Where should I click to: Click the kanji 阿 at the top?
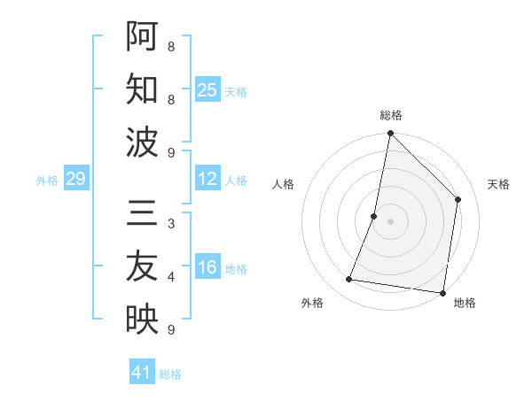(142, 36)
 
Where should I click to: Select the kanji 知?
(142, 89)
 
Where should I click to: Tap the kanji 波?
(142, 142)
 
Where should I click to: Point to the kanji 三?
(142, 212)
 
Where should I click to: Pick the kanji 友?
(142, 266)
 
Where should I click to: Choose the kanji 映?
(142, 319)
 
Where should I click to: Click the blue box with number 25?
(207, 90)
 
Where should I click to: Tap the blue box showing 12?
(207, 180)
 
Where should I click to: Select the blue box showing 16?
(207, 268)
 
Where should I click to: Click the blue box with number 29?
(75, 180)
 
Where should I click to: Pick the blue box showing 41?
(141, 373)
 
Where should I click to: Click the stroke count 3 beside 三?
(171, 224)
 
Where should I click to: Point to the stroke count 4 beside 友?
(171, 277)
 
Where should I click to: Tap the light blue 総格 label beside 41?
(170, 374)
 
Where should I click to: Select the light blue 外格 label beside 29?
(47, 181)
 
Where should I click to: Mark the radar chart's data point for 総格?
(390, 134)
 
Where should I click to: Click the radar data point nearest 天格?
(458, 199)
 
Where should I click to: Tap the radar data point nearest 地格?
(442, 292)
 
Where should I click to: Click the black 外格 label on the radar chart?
(312, 303)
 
